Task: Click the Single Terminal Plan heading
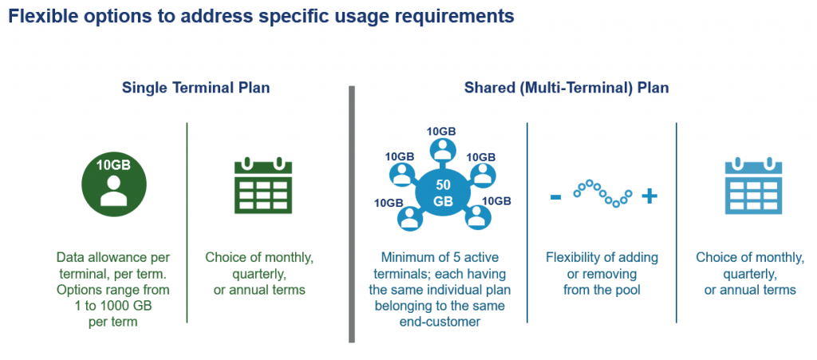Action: click(x=195, y=88)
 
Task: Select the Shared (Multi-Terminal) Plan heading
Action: click(x=566, y=88)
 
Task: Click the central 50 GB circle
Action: click(x=443, y=192)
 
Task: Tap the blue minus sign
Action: click(x=555, y=196)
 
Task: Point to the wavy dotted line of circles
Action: click(x=602, y=193)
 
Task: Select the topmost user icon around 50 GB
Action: click(x=441, y=150)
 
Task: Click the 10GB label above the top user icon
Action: click(x=441, y=131)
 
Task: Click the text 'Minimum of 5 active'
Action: click(x=441, y=257)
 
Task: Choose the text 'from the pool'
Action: click(x=602, y=289)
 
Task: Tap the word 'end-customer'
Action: click(x=441, y=321)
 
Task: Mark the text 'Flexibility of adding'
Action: click(x=602, y=257)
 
